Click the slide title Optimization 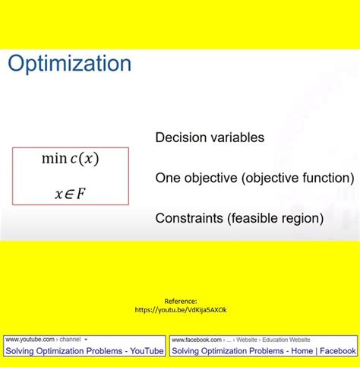(69, 64)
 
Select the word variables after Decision (236, 138)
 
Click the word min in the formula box (54, 159)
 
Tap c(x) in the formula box (85, 159)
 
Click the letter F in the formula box (81, 194)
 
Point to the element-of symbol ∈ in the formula (68, 195)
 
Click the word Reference (180, 301)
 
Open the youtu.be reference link (180, 310)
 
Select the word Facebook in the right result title (336, 351)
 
